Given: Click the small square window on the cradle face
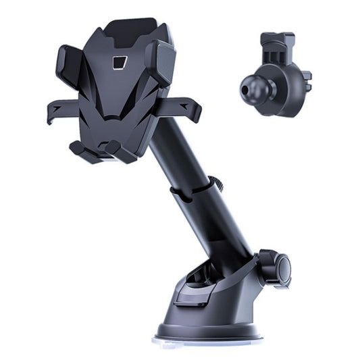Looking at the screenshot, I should [119, 63].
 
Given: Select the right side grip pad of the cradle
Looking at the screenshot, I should [161, 62].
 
